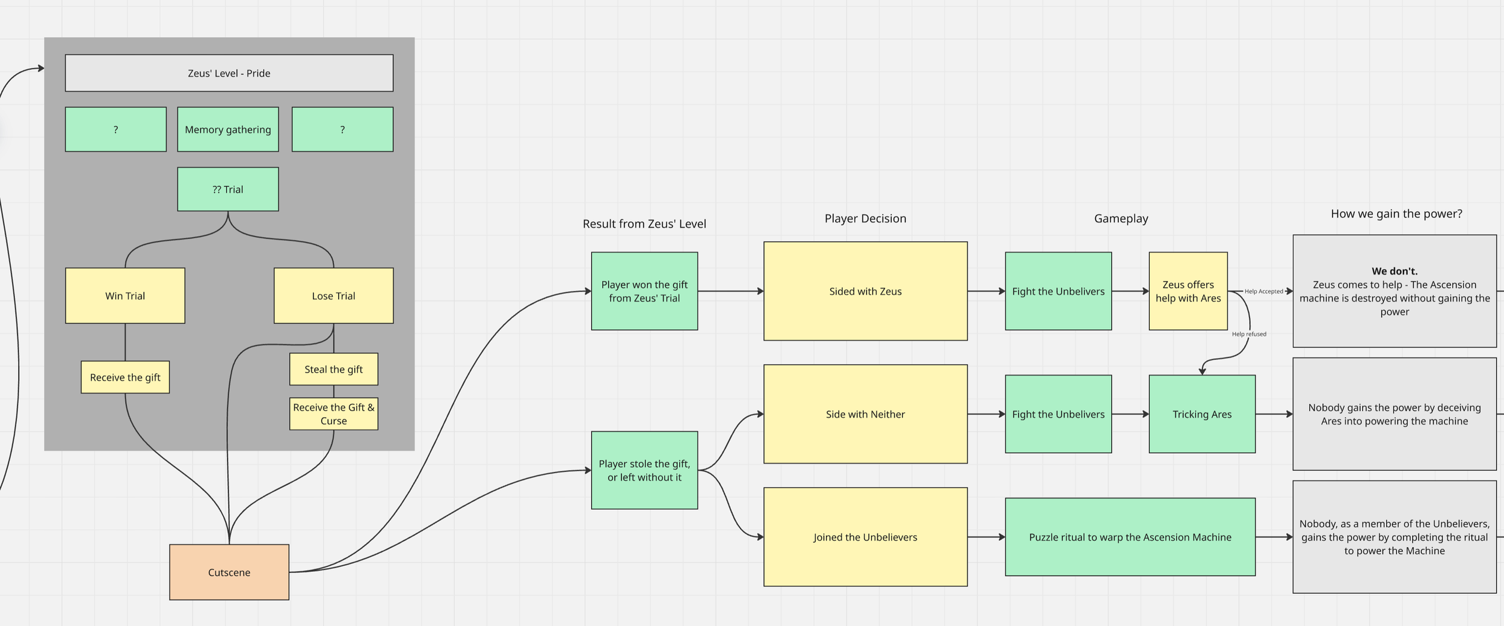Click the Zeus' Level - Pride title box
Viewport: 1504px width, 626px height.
coord(229,73)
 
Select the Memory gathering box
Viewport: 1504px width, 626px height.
coord(228,129)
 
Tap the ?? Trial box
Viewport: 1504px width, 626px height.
coord(228,190)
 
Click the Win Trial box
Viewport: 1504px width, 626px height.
coord(125,296)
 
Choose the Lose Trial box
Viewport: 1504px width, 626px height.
coord(333,296)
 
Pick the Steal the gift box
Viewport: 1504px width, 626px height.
coord(333,370)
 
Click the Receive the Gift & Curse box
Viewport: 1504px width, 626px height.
coord(333,414)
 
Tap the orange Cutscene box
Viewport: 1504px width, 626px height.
coord(229,572)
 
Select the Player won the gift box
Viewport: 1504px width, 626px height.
coord(644,291)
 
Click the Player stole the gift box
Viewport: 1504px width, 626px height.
coord(644,471)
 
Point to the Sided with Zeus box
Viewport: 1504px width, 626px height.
coord(865,291)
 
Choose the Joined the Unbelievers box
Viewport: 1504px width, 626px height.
coord(865,538)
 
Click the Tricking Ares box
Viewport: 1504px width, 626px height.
coord(1202,415)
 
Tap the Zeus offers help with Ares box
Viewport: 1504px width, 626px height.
coord(1188,291)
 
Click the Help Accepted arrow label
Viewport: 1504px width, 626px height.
coord(1263,291)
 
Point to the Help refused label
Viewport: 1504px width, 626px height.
coord(1249,334)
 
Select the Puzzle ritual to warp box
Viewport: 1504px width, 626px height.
coord(1130,538)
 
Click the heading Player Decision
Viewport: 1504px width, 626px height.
coord(865,218)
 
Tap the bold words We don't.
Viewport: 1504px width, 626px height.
coord(1395,271)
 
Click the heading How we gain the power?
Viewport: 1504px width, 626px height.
coord(1396,214)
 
